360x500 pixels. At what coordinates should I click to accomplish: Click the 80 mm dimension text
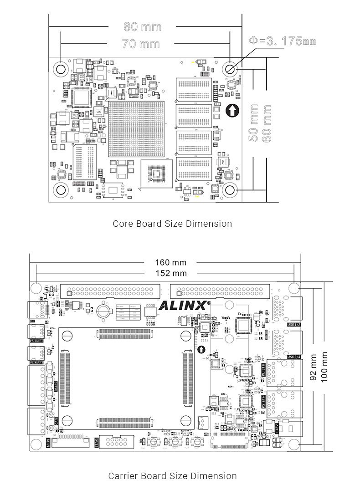click(143, 26)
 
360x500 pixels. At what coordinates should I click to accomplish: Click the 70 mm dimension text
click(142, 44)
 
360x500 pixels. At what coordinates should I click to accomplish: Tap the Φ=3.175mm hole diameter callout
click(283, 41)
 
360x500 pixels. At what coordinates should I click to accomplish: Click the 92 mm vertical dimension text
click(313, 368)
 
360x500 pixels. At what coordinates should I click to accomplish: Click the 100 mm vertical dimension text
click(324, 367)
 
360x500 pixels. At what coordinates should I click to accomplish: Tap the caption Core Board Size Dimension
click(172, 224)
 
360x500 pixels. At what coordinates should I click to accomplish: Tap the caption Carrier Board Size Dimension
click(172, 476)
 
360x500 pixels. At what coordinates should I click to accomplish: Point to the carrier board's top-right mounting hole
click(294, 288)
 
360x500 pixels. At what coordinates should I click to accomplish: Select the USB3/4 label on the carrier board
click(293, 356)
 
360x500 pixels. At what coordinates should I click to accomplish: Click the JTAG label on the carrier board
click(97, 442)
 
